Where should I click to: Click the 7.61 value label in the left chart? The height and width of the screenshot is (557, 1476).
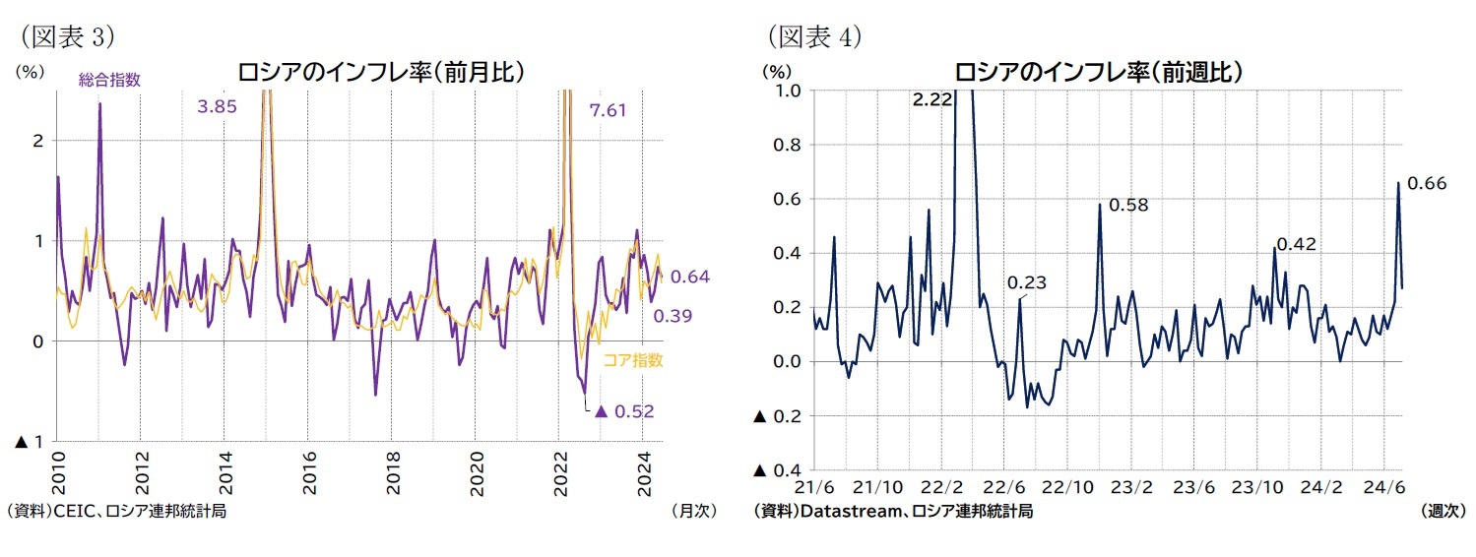608,109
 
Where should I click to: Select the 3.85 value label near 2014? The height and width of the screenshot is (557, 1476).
217,106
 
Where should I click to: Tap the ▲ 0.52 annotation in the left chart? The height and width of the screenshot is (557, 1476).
626,410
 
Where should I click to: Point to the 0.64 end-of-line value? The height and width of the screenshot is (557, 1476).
690,278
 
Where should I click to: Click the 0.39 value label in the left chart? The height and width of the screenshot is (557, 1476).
673,316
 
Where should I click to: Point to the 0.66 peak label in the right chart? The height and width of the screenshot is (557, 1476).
1427,183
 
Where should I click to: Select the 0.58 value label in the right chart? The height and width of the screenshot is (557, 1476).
1128,205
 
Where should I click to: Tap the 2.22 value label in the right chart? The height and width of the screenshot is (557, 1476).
931,99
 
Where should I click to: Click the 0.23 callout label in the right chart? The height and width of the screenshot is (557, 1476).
1027,282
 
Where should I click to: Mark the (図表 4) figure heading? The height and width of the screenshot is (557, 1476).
813,36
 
